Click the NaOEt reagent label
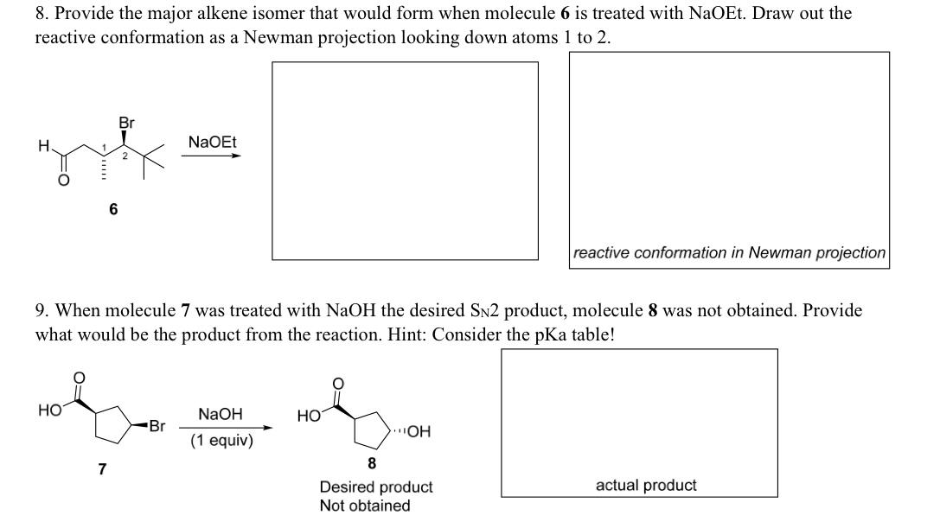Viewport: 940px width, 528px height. [x=212, y=141]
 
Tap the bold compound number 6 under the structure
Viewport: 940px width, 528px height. [x=113, y=209]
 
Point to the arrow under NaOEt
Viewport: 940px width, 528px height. [x=212, y=156]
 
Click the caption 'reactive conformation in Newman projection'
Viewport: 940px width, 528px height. [x=729, y=253]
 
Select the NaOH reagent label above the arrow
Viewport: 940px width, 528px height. [x=220, y=414]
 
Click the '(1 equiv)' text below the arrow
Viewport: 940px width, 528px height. [x=221, y=441]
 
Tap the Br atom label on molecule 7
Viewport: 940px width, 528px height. [x=157, y=426]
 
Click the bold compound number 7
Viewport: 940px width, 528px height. [x=102, y=469]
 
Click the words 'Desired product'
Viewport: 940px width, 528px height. [x=376, y=487]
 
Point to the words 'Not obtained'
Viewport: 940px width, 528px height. [x=365, y=506]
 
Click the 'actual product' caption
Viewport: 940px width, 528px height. [x=646, y=486]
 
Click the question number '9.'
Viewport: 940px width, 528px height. [x=42, y=310]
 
